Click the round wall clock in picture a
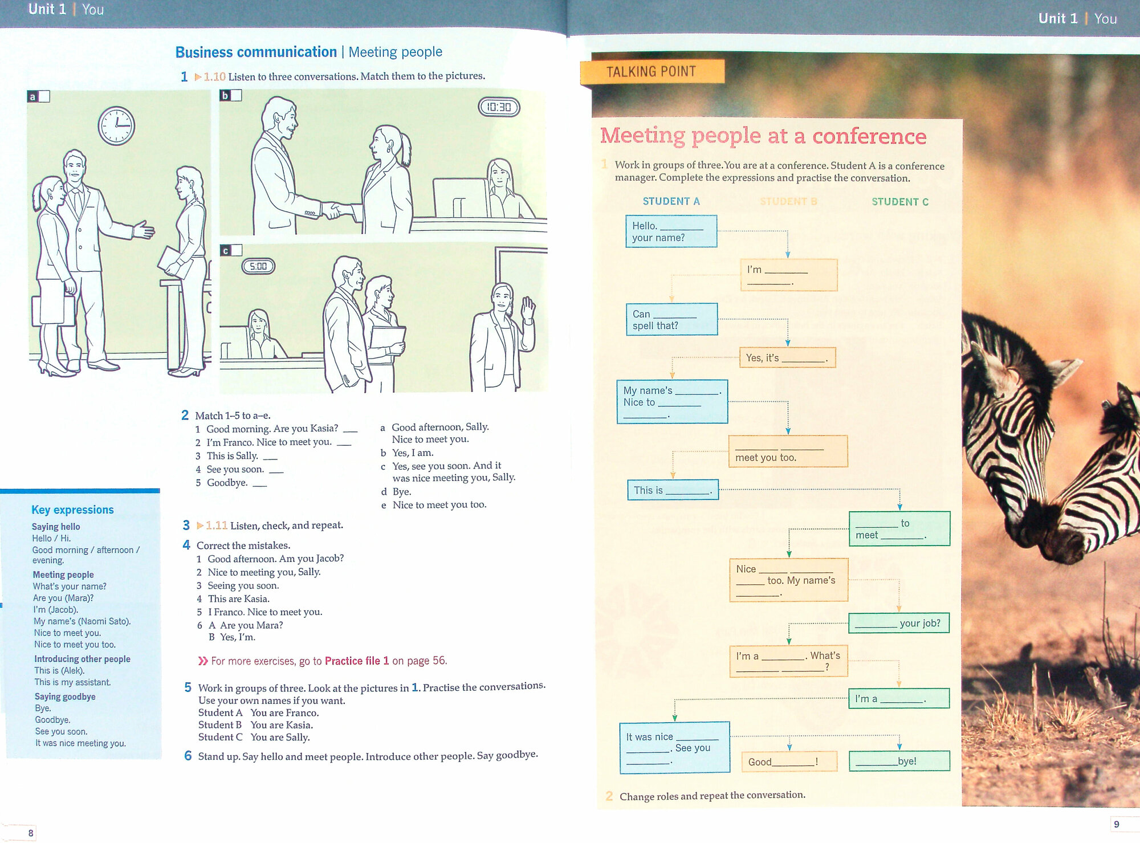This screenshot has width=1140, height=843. (x=116, y=125)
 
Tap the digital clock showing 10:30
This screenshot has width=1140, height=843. (x=499, y=107)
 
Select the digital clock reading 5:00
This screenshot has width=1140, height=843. (x=258, y=266)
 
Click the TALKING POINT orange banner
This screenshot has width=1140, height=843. (x=652, y=72)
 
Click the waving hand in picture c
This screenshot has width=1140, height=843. (x=528, y=308)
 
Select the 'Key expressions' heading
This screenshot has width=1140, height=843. (x=72, y=510)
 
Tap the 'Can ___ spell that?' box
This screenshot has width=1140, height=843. (x=671, y=320)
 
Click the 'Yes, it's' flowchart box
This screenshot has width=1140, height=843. (x=787, y=358)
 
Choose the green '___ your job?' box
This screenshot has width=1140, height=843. (x=898, y=623)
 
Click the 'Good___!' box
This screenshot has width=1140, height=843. (x=788, y=761)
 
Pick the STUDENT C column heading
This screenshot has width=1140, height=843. (x=899, y=202)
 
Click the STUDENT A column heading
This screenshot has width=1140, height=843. (x=671, y=201)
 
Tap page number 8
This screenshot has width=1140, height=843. (x=31, y=833)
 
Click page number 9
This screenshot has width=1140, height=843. (x=1116, y=824)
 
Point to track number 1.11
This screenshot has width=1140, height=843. (x=216, y=525)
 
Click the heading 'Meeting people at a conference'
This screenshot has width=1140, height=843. (x=763, y=136)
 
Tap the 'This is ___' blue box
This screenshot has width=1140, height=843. (x=673, y=490)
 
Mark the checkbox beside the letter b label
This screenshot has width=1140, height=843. (x=237, y=95)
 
